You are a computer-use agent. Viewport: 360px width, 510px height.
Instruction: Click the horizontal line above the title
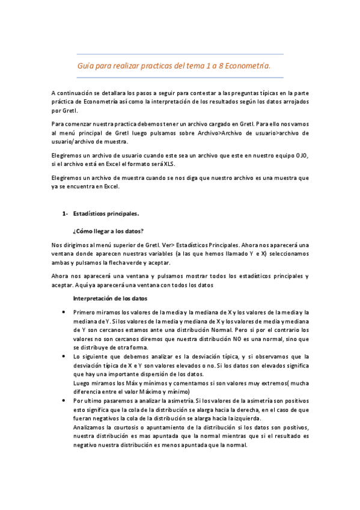coord(180,54)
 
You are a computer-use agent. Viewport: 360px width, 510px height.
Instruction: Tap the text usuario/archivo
coord(73,141)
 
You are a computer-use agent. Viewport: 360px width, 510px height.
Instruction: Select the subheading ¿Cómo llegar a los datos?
coord(108,231)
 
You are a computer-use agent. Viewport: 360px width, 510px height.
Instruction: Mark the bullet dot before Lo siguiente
coord(64,356)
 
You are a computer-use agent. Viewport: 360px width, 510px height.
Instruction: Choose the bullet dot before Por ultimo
coord(64,400)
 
